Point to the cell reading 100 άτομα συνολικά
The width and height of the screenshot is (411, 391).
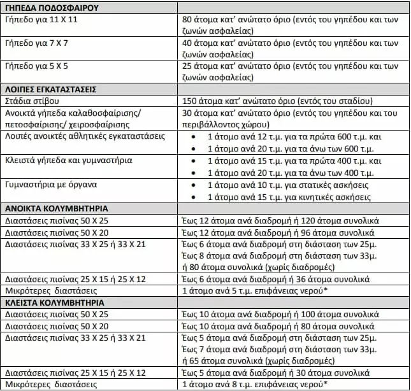(280, 314)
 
